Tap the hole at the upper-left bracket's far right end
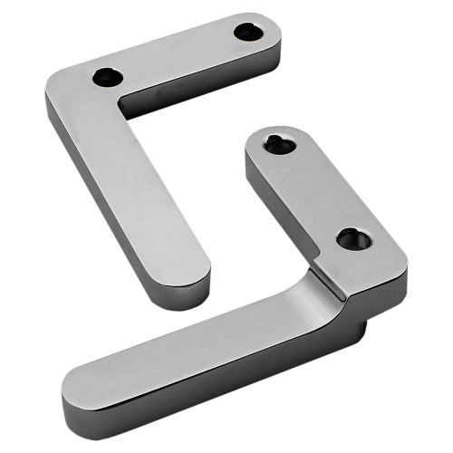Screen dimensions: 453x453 (248, 32)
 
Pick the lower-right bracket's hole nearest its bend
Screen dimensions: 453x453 (350, 240)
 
